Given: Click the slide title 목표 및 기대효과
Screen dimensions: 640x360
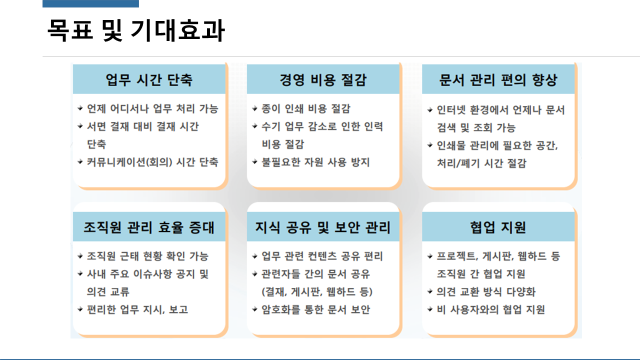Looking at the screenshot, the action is [x=135, y=31].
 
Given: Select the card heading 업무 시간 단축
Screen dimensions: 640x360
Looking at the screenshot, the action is [x=149, y=80].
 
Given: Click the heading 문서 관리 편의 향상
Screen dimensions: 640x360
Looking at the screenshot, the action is [x=498, y=80].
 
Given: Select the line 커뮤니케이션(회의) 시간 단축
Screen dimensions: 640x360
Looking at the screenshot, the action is [x=152, y=162].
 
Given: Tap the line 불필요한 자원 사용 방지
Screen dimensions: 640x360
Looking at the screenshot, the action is [x=315, y=162].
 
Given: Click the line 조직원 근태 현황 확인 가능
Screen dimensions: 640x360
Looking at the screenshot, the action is [x=147, y=256].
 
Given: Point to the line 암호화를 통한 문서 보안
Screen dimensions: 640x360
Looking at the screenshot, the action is [x=315, y=309].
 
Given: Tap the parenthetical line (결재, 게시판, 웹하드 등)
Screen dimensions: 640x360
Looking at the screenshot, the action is [x=317, y=292].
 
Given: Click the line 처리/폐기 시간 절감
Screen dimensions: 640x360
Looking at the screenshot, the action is [x=481, y=163].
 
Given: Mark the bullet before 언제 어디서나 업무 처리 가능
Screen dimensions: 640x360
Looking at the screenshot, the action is [x=80, y=108].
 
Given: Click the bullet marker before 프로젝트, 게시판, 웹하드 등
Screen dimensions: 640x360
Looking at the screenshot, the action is [x=430, y=256].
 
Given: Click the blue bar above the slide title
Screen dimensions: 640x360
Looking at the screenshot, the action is [x=90, y=3].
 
